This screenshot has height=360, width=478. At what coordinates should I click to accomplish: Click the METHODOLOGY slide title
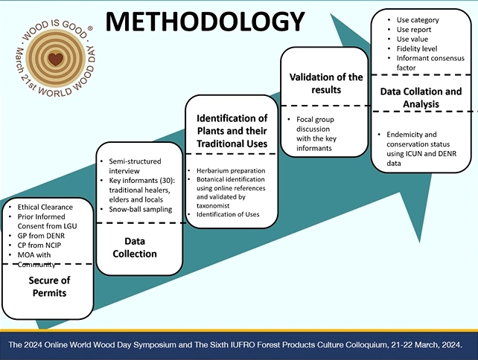coord(205,22)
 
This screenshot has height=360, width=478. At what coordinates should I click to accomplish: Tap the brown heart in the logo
coord(56,59)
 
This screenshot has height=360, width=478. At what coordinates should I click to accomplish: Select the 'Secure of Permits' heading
coord(49,286)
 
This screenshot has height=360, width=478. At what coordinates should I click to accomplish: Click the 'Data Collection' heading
coord(135,247)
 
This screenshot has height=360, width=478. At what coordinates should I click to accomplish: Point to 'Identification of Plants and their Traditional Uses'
coord(232,131)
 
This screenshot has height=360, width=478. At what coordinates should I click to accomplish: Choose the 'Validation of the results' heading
coord(326,83)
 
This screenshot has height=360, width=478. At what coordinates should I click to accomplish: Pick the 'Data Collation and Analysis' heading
coord(421,97)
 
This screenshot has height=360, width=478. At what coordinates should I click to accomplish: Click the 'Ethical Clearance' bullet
coord(45,207)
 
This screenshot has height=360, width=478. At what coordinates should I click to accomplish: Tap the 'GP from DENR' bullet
coord(41,236)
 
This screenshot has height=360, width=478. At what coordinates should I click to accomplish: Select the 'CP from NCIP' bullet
coord(39,245)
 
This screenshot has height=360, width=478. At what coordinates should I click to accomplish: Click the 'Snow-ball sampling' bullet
coord(141,210)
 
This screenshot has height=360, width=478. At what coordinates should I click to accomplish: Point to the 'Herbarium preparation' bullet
coord(231,171)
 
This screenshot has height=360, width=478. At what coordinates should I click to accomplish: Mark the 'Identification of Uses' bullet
coord(228,214)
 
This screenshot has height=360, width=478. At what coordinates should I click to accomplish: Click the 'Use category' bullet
coord(418,20)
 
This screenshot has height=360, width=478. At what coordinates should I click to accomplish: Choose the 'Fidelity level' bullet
coord(417,49)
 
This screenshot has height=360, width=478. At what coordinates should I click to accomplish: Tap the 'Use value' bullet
coord(412,39)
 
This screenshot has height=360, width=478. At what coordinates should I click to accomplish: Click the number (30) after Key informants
coord(167,181)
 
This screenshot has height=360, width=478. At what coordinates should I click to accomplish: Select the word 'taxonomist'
coord(213,206)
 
